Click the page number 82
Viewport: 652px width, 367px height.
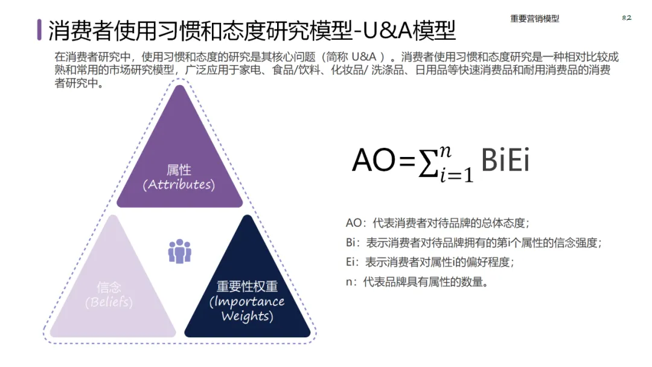click(626, 18)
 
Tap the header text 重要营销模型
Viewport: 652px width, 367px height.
click(534, 19)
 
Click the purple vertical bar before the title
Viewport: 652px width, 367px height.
click(40, 30)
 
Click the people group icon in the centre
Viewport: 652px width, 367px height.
click(179, 251)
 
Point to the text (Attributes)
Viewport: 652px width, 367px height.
click(179, 185)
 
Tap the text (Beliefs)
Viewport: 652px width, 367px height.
click(109, 302)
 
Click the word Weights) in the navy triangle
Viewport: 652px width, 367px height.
click(247, 316)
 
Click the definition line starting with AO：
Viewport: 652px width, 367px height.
click(437, 223)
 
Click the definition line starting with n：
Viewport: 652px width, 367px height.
click(417, 281)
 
